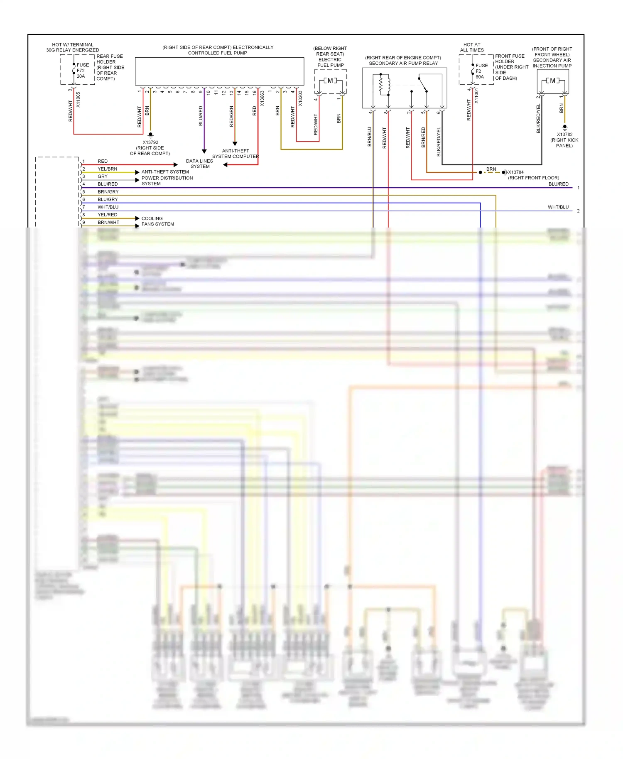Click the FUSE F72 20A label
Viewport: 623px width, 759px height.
pos(82,71)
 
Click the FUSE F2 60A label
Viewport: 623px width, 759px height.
pos(481,71)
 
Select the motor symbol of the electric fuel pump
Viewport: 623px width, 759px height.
pos(330,81)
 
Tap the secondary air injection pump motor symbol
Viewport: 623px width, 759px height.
pos(552,81)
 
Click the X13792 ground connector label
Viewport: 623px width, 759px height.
pos(150,142)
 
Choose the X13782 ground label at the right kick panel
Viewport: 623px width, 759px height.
pos(564,135)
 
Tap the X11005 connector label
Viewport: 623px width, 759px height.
pos(78,100)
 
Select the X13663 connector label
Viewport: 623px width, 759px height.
pos(262,99)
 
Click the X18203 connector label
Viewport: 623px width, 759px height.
pos(300,99)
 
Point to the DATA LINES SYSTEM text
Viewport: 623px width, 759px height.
pos(199,164)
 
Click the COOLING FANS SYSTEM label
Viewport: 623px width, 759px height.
pos(157,221)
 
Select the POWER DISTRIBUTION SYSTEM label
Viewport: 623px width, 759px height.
pos(167,181)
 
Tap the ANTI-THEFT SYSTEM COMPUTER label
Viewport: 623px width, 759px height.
pos(235,154)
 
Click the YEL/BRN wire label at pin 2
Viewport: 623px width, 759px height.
pos(107,169)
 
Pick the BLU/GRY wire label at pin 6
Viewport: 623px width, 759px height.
pos(108,199)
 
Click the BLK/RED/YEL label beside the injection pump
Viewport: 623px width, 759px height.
pos(539,118)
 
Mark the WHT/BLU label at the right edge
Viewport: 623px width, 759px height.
pos(558,207)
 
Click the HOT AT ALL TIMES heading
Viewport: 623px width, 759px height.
pos(472,47)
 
